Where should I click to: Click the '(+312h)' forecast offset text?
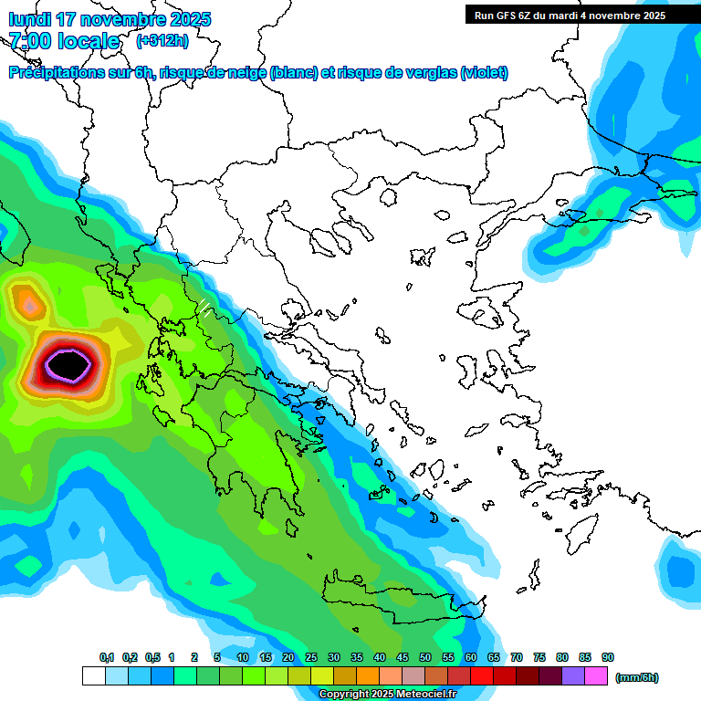163,41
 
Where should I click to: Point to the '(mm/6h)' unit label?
636,677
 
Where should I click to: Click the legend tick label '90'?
608,657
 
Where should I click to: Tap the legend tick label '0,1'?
107,657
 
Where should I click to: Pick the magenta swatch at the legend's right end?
596,675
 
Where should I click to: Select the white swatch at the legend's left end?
93,675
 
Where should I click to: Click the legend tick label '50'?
425,657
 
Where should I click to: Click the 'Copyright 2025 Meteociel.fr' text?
388,694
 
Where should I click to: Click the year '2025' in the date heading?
190,19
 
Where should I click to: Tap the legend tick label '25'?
311,657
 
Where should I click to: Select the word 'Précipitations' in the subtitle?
57,73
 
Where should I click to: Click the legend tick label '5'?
217,657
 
